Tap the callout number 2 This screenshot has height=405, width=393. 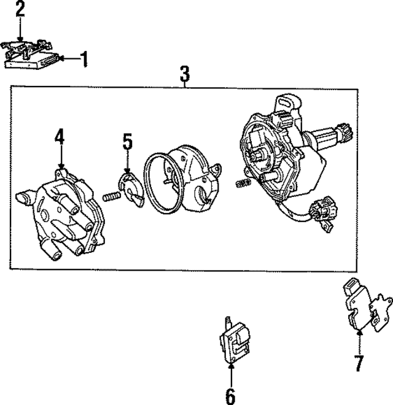[20, 9]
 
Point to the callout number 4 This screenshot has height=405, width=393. [60, 136]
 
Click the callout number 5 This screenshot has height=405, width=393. [127, 142]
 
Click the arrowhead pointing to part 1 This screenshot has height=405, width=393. [63, 59]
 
